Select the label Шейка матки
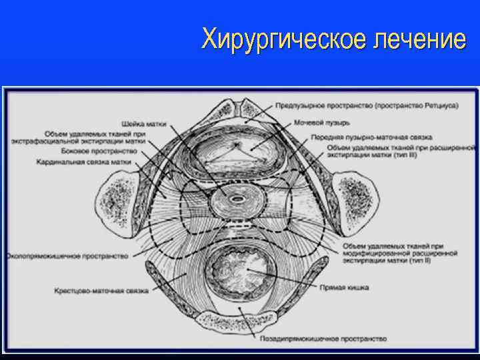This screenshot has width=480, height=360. coord(144,123)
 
